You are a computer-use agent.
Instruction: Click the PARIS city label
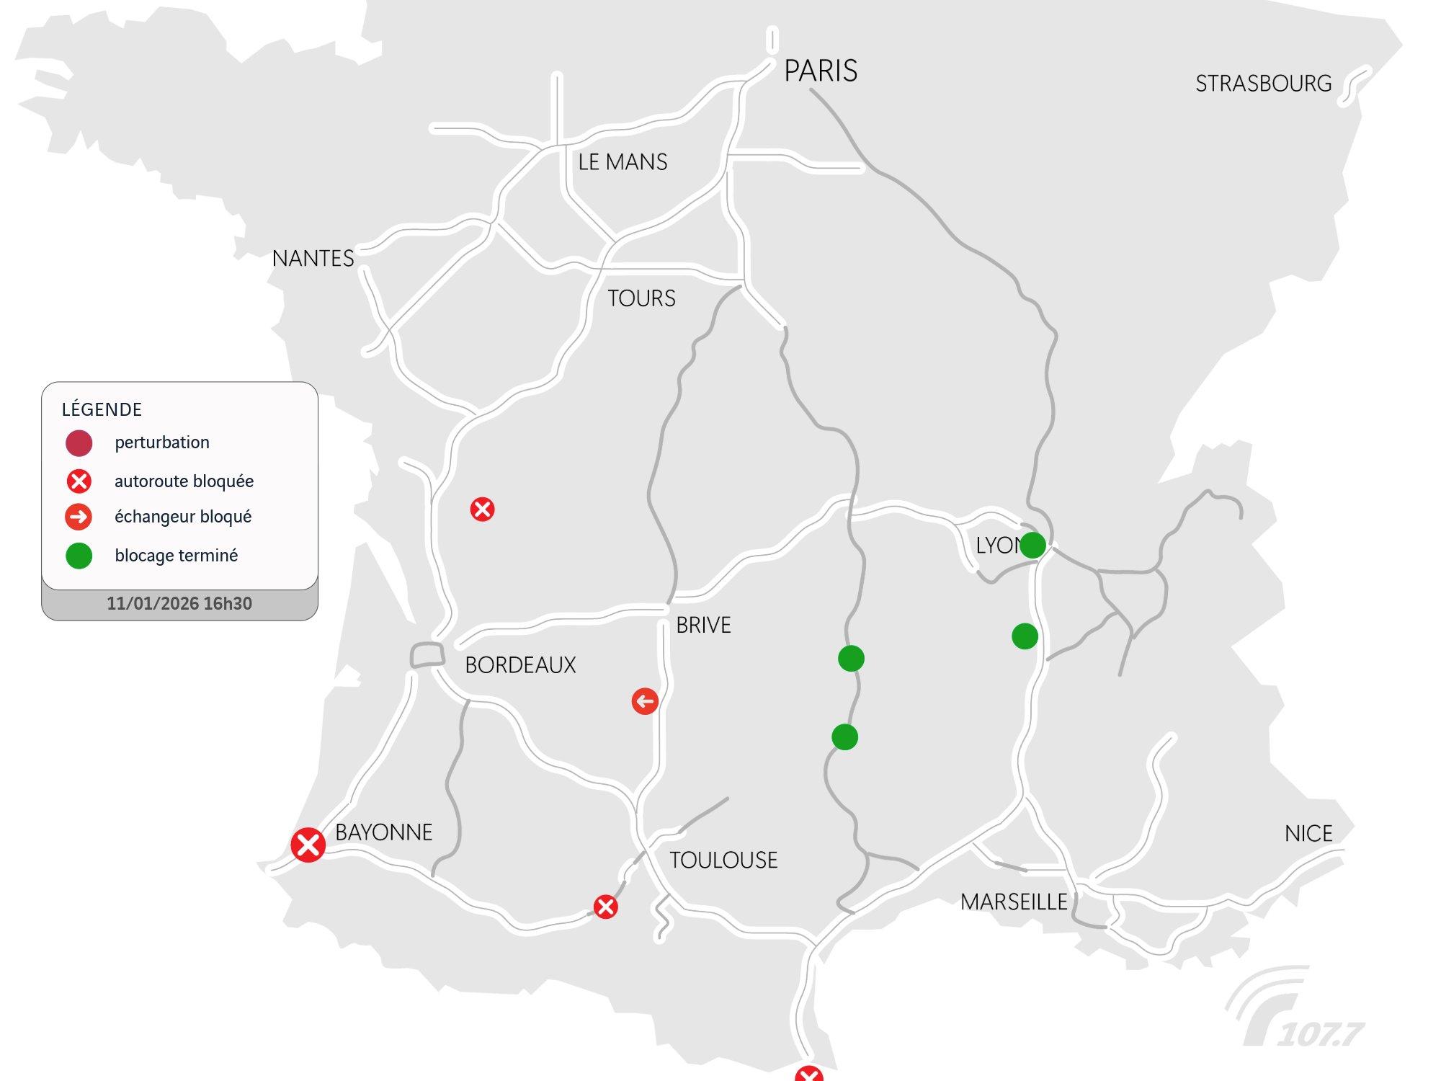click(x=820, y=71)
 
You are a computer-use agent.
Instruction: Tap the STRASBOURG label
click(x=1263, y=84)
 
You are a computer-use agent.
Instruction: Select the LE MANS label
click(x=623, y=162)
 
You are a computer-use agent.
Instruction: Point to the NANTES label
click(x=313, y=258)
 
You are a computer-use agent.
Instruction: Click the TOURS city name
click(x=641, y=298)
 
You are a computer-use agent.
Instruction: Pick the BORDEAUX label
click(x=520, y=664)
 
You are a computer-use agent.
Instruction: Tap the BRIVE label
click(x=703, y=625)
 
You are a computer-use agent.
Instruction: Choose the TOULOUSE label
click(x=723, y=860)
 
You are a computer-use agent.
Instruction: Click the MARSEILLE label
click(x=1014, y=902)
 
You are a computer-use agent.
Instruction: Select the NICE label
click(x=1308, y=834)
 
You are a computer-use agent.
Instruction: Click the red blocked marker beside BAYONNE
click(x=308, y=845)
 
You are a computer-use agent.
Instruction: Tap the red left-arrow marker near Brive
click(x=645, y=700)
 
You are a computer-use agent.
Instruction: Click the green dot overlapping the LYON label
click(x=1032, y=545)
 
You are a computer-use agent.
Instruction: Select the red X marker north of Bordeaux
click(x=482, y=510)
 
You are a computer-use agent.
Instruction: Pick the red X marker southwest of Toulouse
click(x=605, y=907)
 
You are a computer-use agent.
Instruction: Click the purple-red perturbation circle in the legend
click(x=79, y=443)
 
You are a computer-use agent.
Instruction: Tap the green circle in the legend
click(x=79, y=556)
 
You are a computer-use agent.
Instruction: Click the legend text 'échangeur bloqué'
click(x=183, y=517)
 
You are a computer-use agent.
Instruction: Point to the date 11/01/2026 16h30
click(x=179, y=604)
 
